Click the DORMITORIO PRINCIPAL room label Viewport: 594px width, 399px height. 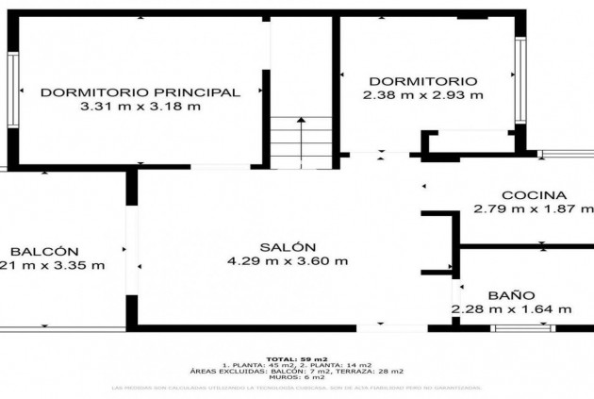(x=140, y=91)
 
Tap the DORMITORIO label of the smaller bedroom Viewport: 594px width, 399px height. (x=422, y=81)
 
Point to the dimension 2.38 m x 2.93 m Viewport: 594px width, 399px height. (x=422, y=94)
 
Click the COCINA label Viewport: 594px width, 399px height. (x=534, y=194)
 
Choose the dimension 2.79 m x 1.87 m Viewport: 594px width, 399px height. (x=534, y=208)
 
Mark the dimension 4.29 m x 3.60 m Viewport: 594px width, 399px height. (x=287, y=260)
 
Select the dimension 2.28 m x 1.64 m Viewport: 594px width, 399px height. (x=511, y=308)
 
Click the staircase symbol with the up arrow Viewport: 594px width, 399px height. (x=301, y=141)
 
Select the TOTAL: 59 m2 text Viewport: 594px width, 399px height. (x=297, y=357)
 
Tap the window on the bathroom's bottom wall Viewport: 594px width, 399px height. (x=523, y=327)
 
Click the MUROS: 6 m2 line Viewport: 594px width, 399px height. (x=297, y=377)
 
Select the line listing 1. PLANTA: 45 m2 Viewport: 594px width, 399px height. (x=297, y=364)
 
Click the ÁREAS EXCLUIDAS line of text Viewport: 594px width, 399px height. (x=297, y=371)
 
